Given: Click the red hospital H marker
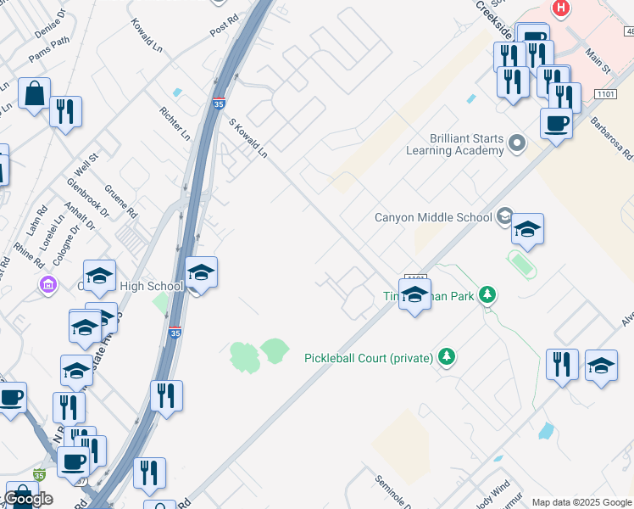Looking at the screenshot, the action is click(x=560, y=9).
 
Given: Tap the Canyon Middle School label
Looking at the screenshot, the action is click(x=433, y=217).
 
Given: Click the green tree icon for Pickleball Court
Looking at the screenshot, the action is click(x=448, y=357).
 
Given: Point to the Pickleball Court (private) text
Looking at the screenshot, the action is click(x=369, y=357).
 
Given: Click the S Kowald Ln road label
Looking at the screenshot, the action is click(x=248, y=138).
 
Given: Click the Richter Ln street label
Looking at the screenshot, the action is click(x=175, y=123).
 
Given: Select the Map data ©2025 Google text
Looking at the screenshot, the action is click(x=581, y=502).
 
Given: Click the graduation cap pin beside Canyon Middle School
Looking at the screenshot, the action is click(x=527, y=229).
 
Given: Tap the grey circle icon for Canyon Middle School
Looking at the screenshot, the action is click(x=505, y=216).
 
